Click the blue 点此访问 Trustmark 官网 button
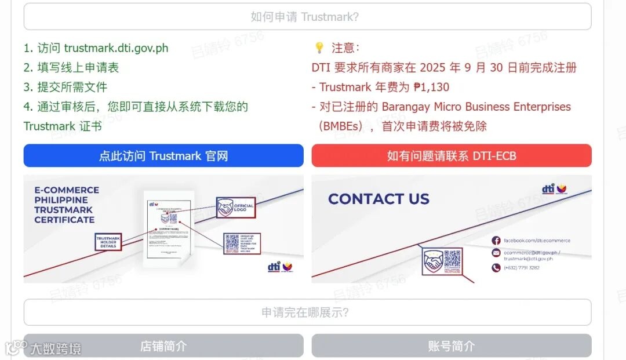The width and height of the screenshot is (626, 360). (163, 155)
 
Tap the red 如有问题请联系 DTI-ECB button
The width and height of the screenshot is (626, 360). (451, 155)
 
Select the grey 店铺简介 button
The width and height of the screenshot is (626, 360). (163, 346)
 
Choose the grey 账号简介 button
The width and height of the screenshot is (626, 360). (451, 346)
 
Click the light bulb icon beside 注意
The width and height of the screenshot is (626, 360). (319, 48)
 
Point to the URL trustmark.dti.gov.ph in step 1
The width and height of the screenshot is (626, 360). (116, 48)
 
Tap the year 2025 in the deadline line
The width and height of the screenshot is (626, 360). (432, 67)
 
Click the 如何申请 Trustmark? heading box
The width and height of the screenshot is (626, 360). (307, 17)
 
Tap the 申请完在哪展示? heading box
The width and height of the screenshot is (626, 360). (307, 312)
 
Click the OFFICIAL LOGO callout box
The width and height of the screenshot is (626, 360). (236, 207)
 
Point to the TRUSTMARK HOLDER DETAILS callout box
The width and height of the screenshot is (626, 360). (108, 242)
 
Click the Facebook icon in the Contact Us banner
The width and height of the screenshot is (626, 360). (496, 241)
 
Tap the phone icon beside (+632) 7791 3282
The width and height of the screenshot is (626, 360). (496, 267)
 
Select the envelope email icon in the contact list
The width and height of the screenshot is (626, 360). (496, 253)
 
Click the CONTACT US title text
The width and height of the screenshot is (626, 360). (378, 199)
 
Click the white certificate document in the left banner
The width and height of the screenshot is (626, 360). (169, 229)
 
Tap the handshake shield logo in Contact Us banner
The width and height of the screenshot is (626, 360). (432, 262)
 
